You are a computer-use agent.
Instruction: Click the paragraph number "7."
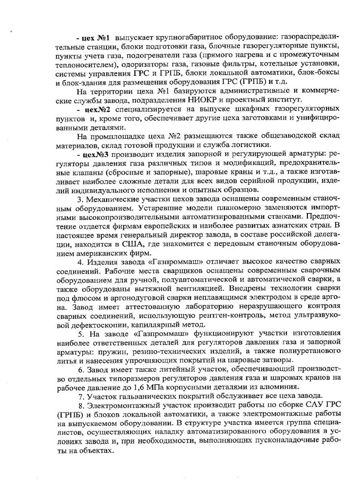click(x=80, y=396)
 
